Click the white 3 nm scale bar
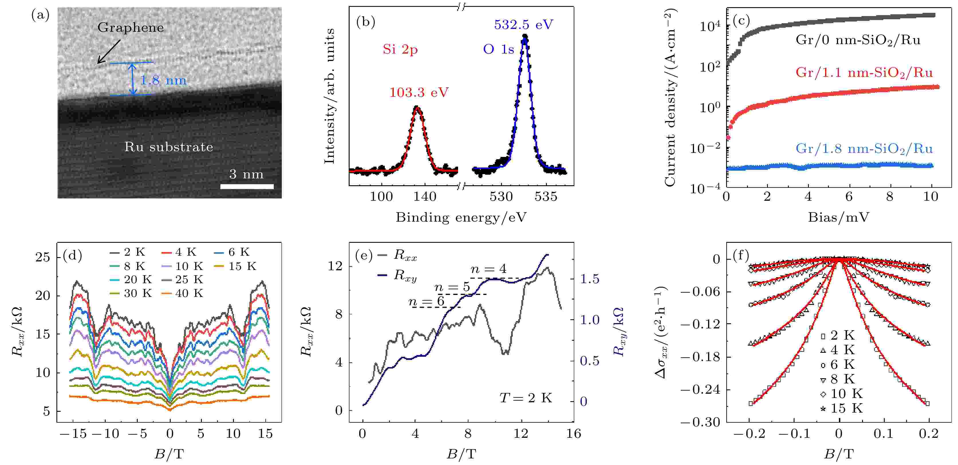coord(247,186)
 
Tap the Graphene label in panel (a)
coord(131,27)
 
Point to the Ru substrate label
coord(168,147)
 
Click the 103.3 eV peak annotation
coord(419,92)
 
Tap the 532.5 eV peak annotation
coord(523,25)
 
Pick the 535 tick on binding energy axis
coord(546,196)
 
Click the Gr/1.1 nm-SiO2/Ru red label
coord(864,72)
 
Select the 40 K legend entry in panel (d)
coord(182,293)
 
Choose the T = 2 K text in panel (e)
coord(525,398)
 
